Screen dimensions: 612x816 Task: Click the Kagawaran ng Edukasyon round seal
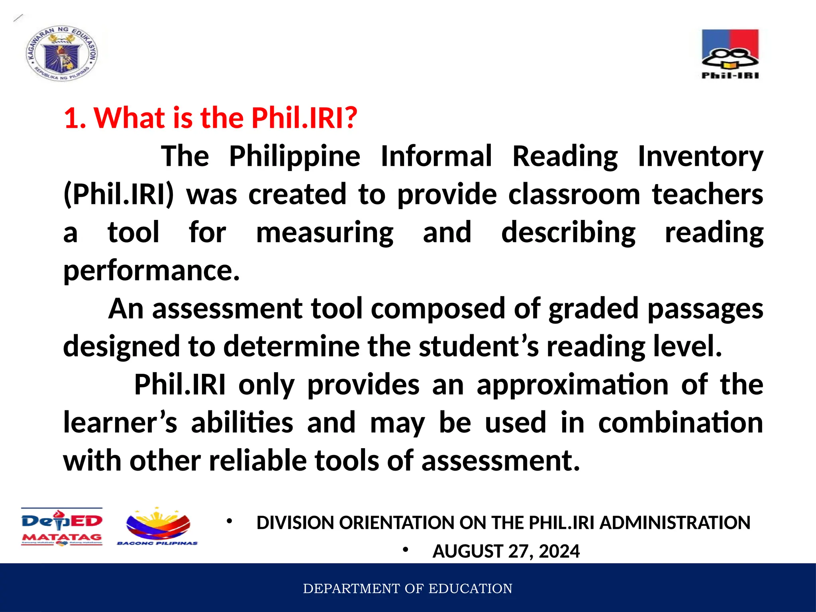tap(62, 54)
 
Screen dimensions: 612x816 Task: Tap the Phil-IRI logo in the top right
tap(730, 54)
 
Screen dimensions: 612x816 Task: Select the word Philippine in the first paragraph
tap(294, 156)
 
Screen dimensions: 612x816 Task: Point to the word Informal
tap(436, 156)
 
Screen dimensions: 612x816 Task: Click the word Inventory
tap(700, 156)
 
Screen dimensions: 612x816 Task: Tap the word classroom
tap(574, 194)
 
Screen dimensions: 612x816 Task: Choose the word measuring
tap(324, 233)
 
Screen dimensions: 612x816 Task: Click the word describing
tap(568, 233)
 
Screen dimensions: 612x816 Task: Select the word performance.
tap(151, 271)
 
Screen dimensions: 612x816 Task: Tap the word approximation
tap(572, 385)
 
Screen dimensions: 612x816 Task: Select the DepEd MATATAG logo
tap(62, 527)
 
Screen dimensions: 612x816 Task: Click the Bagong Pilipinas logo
tap(158, 527)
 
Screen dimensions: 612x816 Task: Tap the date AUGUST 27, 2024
tap(506, 551)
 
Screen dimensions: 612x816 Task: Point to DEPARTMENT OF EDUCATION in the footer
tap(408, 588)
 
